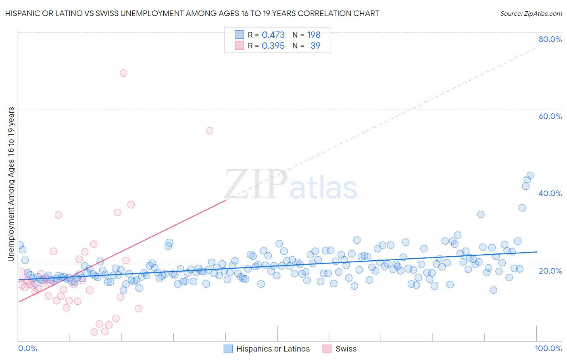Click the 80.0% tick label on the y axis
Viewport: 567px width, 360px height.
(550, 39)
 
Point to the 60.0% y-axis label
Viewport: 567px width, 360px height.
(550, 116)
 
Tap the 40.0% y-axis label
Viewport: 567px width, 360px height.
(550, 193)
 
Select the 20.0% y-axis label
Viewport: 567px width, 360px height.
(550, 270)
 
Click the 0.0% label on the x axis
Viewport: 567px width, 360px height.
(27, 348)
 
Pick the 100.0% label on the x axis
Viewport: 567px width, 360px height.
(548, 348)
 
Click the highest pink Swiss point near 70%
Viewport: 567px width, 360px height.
(123, 73)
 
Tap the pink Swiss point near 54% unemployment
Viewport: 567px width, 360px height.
(210, 130)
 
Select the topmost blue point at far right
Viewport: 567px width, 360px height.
(530, 176)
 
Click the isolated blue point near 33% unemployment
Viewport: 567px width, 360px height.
(481, 214)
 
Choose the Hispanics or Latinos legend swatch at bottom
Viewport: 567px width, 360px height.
(228, 349)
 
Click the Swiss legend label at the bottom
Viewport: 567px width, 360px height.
(346, 349)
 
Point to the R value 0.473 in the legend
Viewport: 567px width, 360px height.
(273, 35)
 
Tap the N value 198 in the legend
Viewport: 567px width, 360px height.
(314, 35)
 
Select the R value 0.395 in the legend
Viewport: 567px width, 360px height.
(273, 46)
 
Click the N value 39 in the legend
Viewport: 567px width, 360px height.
(315, 46)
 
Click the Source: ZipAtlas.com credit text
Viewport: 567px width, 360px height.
(531, 13)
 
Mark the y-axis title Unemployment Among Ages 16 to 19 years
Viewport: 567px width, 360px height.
(11, 184)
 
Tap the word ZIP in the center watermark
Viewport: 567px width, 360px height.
(256, 185)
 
